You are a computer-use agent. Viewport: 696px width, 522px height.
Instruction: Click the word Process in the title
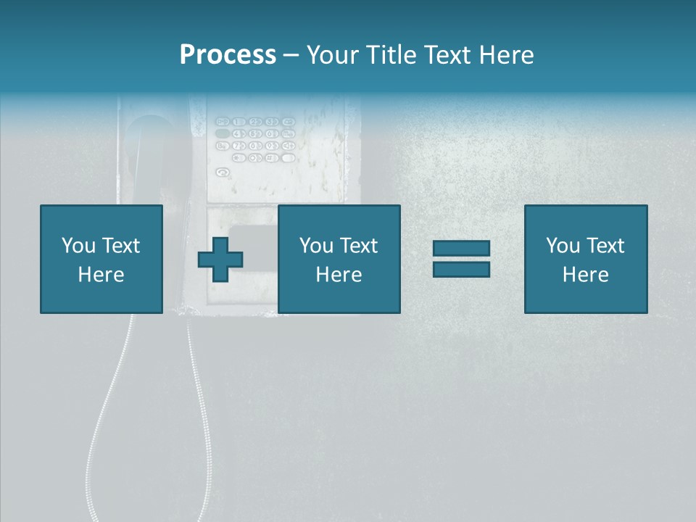pyautogui.click(x=228, y=55)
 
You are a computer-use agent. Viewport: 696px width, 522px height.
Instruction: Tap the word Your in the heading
pyautogui.click(x=333, y=55)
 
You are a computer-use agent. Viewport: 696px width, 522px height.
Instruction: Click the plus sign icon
pyautogui.click(x=220, y=260)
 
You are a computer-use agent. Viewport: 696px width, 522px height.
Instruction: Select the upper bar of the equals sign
pyautogui.click(x=461, y=249)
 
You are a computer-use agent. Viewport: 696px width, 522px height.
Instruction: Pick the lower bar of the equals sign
pyautogui.click(x=461, y=269)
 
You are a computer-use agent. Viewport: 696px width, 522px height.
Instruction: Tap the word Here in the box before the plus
pyautogui.click(x=101, y=275)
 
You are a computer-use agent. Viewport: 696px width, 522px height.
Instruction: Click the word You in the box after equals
pyautogui.click(x=563, y=246)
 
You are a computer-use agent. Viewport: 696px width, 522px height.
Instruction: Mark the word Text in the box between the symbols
pyautogui.click(x=358, y=246)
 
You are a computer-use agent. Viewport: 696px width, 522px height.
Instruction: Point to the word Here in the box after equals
pyautogui.click(x=585, y=275)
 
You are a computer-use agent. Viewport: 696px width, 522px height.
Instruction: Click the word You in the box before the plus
pyautogui.click(x=78, y=246)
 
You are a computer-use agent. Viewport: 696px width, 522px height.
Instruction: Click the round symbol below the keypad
pyautogui.click(x=223, y=173)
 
